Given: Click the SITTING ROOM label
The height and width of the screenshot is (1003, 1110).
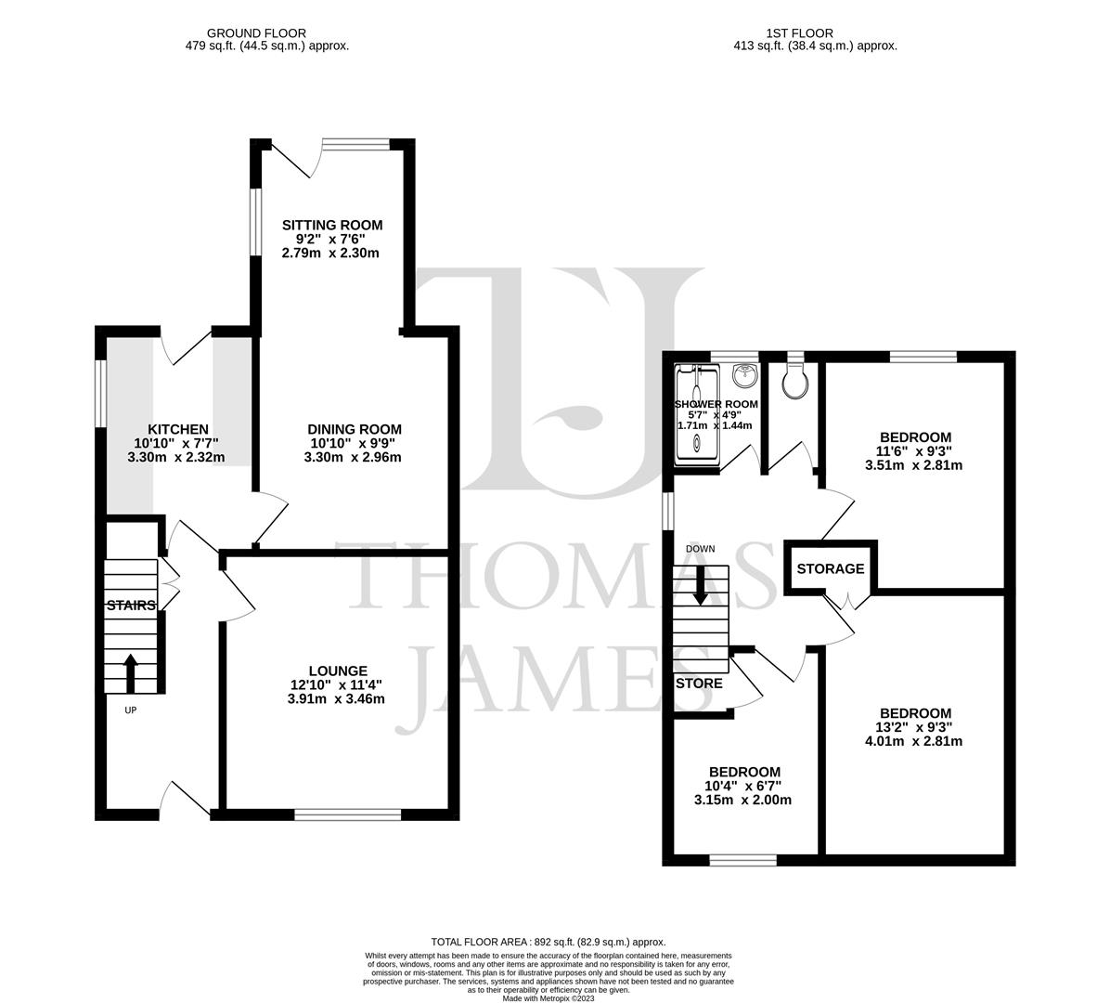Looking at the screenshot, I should [332, 225].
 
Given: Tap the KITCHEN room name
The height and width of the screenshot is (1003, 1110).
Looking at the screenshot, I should [178, 429].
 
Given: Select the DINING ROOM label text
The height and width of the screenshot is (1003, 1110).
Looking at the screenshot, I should [355, 429].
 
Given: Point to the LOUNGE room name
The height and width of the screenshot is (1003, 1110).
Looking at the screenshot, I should [338, 671].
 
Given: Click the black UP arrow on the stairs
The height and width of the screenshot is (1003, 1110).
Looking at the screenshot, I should [130, 672].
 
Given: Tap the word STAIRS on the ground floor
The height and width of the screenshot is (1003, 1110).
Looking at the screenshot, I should [131, 606].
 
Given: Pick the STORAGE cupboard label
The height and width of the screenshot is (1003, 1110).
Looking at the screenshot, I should [831, 568].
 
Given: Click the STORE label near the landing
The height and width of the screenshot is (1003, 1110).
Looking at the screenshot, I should [699, 684].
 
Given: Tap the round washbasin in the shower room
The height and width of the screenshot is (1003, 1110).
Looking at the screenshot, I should [743, 376].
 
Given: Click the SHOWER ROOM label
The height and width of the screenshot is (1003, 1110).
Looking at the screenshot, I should [716, 405].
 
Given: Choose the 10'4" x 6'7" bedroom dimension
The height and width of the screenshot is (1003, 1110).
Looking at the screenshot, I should [744, 786].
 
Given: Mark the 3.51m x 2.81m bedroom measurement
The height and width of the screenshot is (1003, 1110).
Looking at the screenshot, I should [915, 465].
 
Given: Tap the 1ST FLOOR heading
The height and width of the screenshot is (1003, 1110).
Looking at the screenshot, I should [787, 33].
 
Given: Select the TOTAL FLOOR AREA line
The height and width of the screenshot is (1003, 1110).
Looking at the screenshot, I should [549, 942].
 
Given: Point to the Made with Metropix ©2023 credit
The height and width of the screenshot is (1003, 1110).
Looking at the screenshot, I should [549, 998].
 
